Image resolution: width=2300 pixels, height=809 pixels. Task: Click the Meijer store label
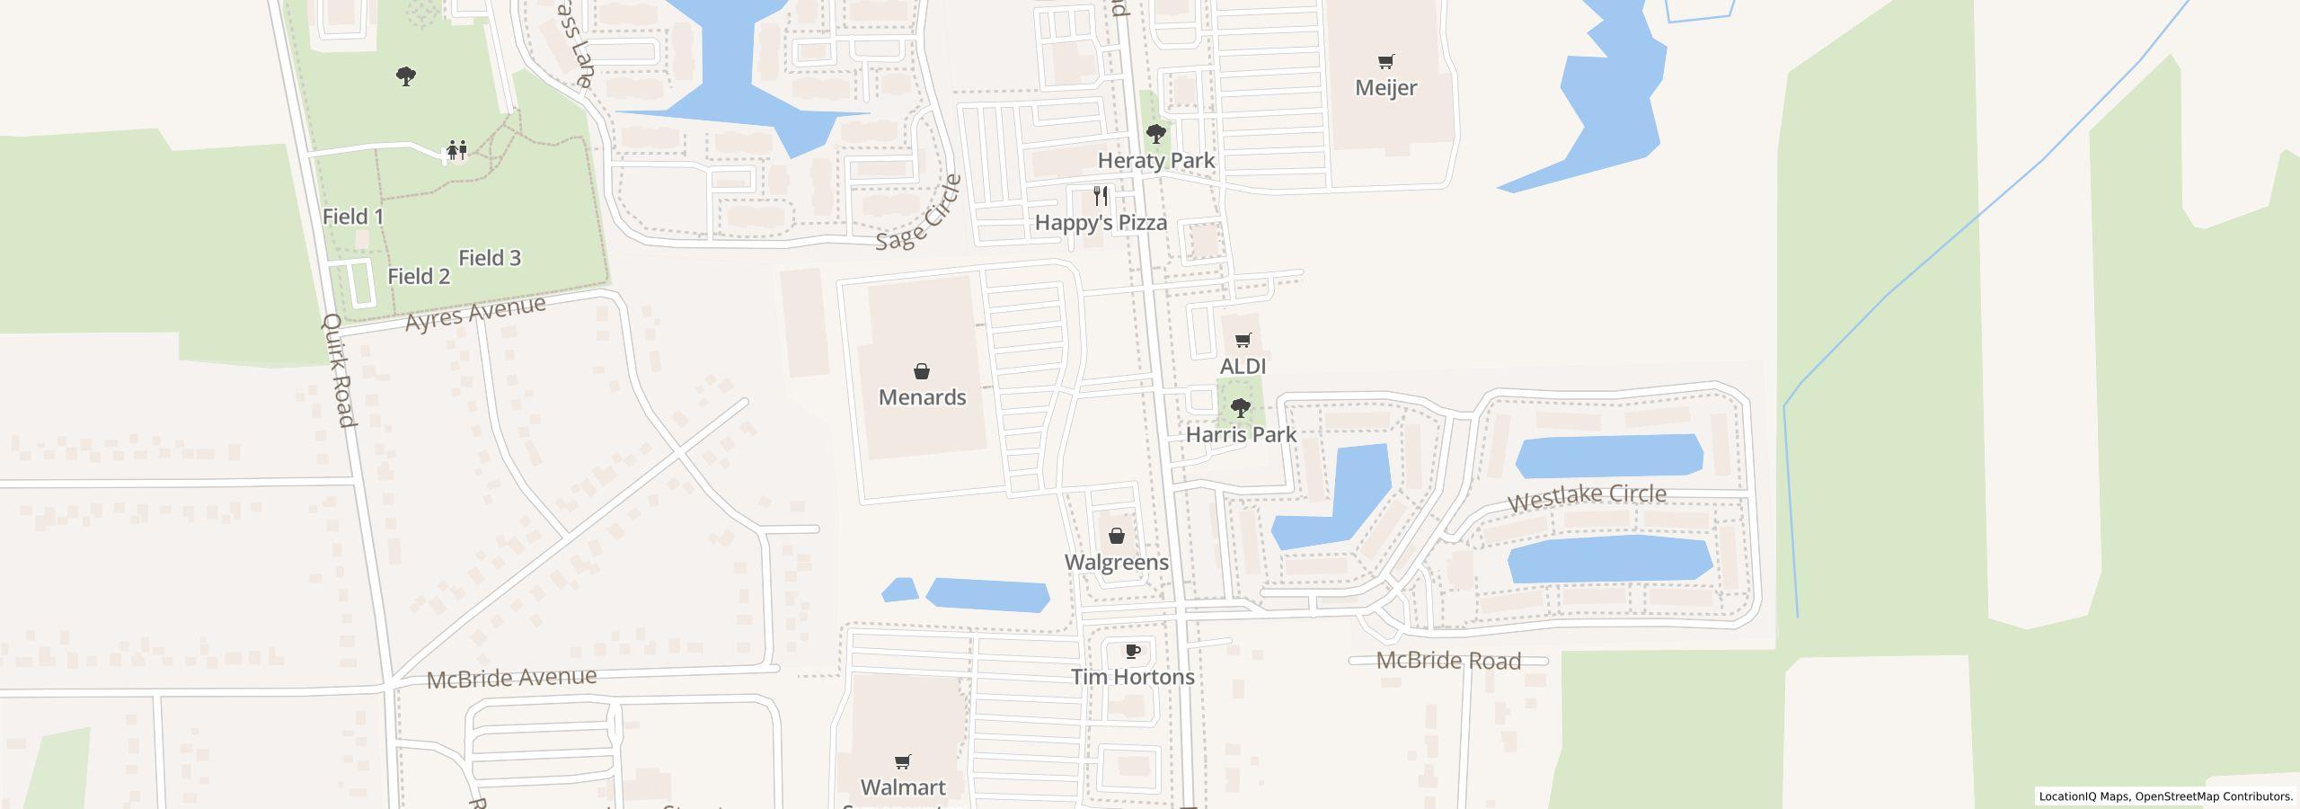(1385, 88)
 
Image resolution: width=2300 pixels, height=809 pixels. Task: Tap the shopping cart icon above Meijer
(1385, 62)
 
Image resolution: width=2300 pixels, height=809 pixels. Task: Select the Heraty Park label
(1155, 161)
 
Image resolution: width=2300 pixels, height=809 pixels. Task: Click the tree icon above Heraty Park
(1156, 135)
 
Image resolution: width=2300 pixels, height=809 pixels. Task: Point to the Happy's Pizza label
(1101, 223)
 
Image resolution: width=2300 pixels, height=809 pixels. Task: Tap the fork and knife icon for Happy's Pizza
(1101, 196)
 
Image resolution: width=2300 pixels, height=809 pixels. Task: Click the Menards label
(922, 397)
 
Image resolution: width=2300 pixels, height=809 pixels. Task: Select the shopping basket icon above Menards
(921, 371)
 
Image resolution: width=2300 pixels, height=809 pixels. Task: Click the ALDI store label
(1243, 367)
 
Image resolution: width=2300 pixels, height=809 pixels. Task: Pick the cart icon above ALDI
(1243, 341)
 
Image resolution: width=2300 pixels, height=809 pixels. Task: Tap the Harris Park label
(1241, 435)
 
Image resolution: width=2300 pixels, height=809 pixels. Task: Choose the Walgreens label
(1116, 563)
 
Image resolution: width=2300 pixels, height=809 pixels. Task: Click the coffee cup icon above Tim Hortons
(1132, 651)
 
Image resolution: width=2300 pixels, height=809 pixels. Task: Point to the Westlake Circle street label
(1587, 497)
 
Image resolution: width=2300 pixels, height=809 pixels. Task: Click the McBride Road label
(1448, 662)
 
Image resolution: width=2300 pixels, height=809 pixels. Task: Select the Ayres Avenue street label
(475, 313)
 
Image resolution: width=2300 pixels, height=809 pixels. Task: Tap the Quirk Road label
(339, 370)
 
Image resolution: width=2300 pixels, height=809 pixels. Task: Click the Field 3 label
(490, 259)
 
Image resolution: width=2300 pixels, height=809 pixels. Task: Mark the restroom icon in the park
(457, 150)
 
